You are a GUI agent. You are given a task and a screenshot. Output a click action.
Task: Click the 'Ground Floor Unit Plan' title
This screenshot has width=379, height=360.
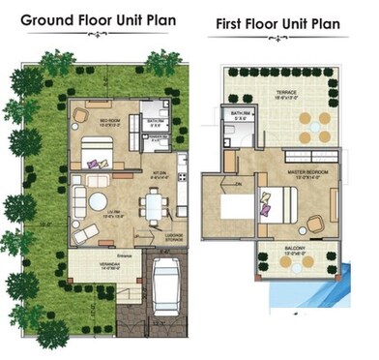point(99,20)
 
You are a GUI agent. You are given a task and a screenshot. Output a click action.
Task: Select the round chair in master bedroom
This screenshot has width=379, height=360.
point(315,222)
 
